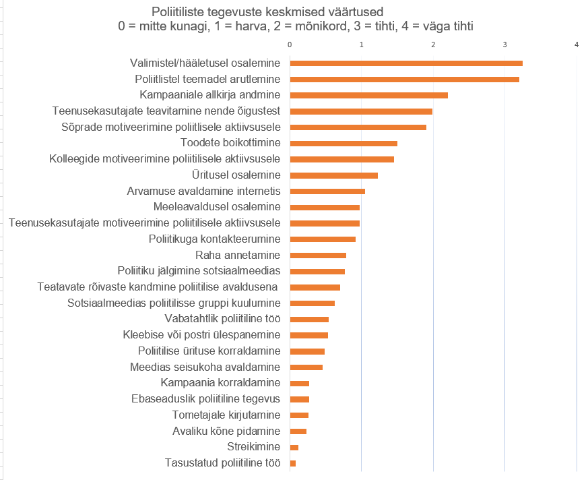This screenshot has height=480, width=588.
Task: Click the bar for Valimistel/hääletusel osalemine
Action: [406, 63]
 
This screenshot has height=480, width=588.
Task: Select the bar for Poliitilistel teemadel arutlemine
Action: [404, 79]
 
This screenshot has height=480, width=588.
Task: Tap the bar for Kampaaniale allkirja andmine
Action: [368, 95]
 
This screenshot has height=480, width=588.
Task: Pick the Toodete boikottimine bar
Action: [344, 143]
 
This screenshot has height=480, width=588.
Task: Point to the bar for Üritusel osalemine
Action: [333, 175]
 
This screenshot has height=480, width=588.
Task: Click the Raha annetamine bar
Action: [318, 255]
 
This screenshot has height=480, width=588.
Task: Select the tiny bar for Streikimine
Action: [294, 447]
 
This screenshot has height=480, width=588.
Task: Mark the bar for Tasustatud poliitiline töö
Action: [293, 463]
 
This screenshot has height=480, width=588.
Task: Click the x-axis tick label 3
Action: [505, 44]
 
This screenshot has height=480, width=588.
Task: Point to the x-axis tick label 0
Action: [290, 44]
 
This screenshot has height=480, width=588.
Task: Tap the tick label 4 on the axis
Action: [577, 44]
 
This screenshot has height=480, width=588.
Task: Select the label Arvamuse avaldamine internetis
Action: [203, 191]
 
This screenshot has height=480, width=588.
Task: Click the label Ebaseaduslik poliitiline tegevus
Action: [205, 398]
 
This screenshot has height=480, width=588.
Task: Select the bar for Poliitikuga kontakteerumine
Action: [323, 239]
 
